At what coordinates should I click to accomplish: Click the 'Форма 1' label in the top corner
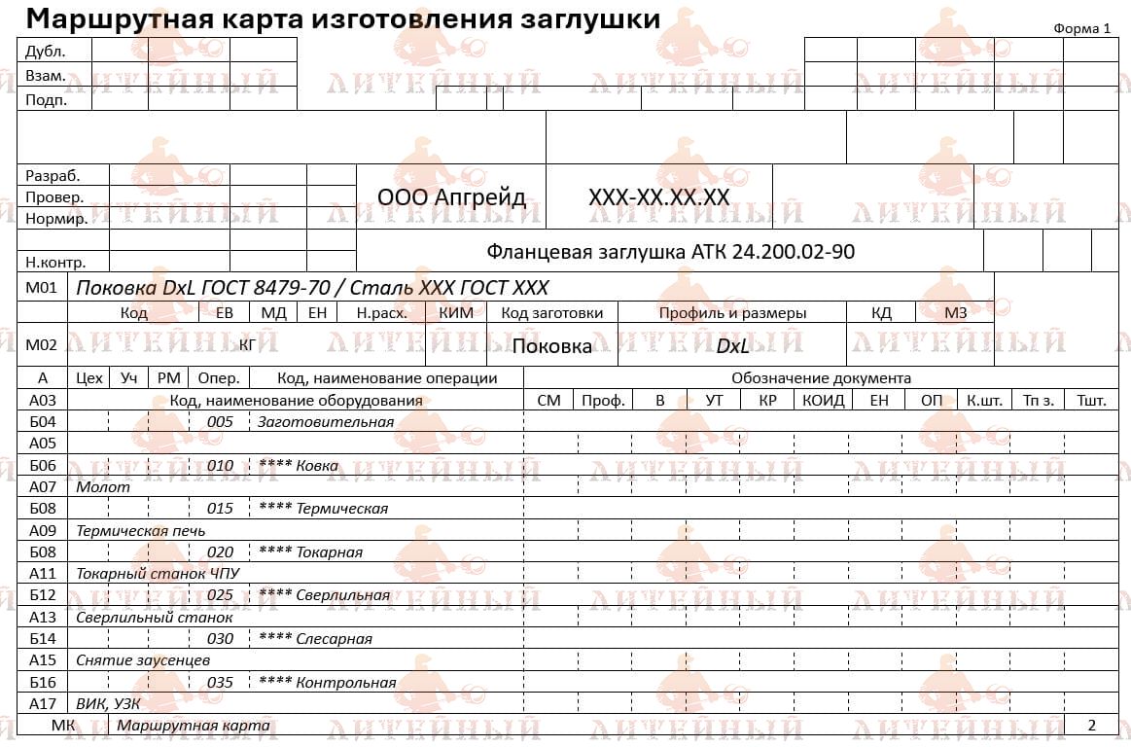tap(1081, 28)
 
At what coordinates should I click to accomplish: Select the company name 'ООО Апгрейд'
tap(451, 197)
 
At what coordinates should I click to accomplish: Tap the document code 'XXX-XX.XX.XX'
tap(658, 197)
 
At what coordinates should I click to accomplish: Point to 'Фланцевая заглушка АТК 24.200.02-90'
tap(670, 252)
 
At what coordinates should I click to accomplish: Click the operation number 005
tap(220, 422)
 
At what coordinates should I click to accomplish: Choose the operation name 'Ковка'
tap(317, 465)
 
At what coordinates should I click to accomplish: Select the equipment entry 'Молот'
tap(103, 487)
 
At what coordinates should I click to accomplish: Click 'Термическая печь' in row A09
tap(141, 531)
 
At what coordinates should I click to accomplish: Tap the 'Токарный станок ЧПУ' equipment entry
tap(158, 574)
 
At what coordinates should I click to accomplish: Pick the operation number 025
tap(220, 595)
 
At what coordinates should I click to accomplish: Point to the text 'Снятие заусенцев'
tap(143, 660)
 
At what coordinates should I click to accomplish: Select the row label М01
tap(42, 287)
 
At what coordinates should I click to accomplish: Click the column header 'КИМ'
tap(457, 313)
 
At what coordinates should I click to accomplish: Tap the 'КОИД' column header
tap(823, 401)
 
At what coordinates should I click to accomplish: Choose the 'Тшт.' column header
tap(1091, 401)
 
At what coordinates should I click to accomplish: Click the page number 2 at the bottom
tap(1091, 726)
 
